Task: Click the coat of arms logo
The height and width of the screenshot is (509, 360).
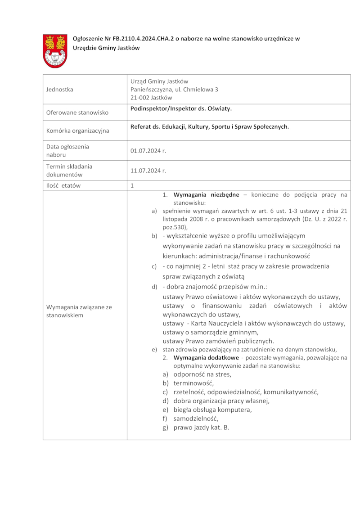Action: tap(55, 51)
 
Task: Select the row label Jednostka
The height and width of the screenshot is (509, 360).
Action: tap(60, 90)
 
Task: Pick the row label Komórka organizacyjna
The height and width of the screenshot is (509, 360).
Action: tap(77, 131)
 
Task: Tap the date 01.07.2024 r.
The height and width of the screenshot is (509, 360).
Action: tap(148, 151)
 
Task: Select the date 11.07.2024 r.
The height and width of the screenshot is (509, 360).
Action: tap(148, 171)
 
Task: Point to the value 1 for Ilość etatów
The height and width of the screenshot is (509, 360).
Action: tap(132, 185)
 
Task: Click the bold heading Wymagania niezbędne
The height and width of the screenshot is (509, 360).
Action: tap(206, 195)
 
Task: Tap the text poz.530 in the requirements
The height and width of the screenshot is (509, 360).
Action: tap(174, 227)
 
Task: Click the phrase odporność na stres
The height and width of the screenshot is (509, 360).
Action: tap(202, 374)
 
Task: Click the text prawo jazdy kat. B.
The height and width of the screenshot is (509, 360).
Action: tap(201, 428)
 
